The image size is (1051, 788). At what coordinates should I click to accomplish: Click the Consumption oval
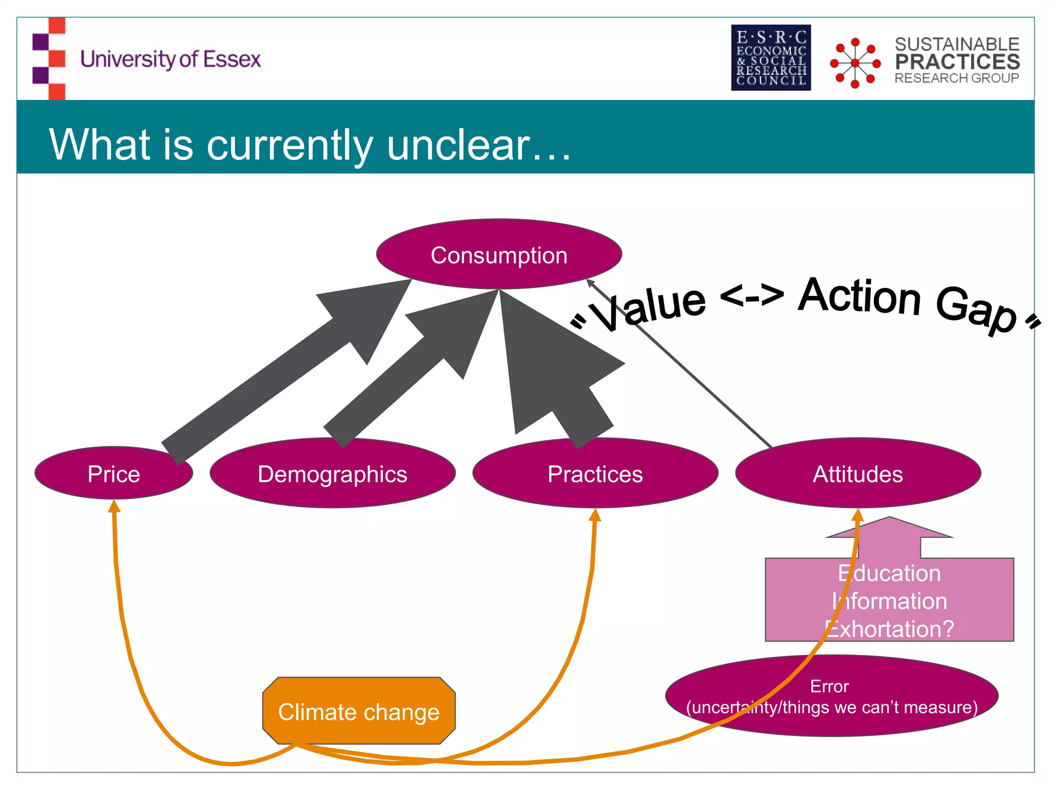(499, 254)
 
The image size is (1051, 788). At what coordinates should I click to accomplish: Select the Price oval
(113, 474)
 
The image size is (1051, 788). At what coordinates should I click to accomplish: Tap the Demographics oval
(333, 474)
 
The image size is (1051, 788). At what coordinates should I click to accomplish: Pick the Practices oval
(595, 474)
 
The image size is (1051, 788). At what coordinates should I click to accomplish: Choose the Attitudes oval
(858, 474)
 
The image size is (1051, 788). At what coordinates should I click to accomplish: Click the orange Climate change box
(359, 712)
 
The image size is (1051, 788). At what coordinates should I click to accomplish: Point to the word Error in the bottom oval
(829, 686)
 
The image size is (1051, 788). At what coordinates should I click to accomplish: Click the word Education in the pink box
(889, 573)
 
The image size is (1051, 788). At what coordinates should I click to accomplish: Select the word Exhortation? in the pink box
(889, 629)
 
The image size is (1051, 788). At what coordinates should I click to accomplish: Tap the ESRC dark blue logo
(771, 58)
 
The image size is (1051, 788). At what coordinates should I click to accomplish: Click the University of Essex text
(170, 59)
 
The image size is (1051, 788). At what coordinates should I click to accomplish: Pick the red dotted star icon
(855, 63)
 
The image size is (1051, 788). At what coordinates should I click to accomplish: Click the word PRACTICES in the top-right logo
(957, 62)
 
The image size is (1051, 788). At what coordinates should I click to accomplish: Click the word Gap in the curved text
(975, 310)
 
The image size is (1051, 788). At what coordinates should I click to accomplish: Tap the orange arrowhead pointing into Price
(114, 507)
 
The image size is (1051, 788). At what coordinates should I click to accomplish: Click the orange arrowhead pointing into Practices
(595, 515)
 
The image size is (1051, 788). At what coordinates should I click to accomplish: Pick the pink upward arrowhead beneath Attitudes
(889, 527)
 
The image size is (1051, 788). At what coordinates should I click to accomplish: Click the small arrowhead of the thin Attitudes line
(591, 283)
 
